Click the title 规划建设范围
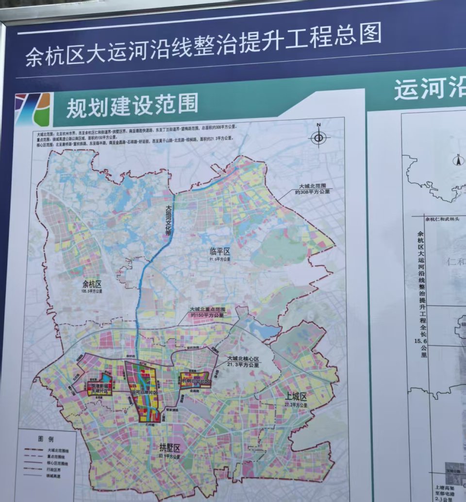coord(132,105)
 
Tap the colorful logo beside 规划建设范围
coord(33,110)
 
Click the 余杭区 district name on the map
coord(92,284)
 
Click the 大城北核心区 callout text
coord(244,359)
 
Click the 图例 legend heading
coord(45,439)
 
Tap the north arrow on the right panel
coord(456,160)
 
